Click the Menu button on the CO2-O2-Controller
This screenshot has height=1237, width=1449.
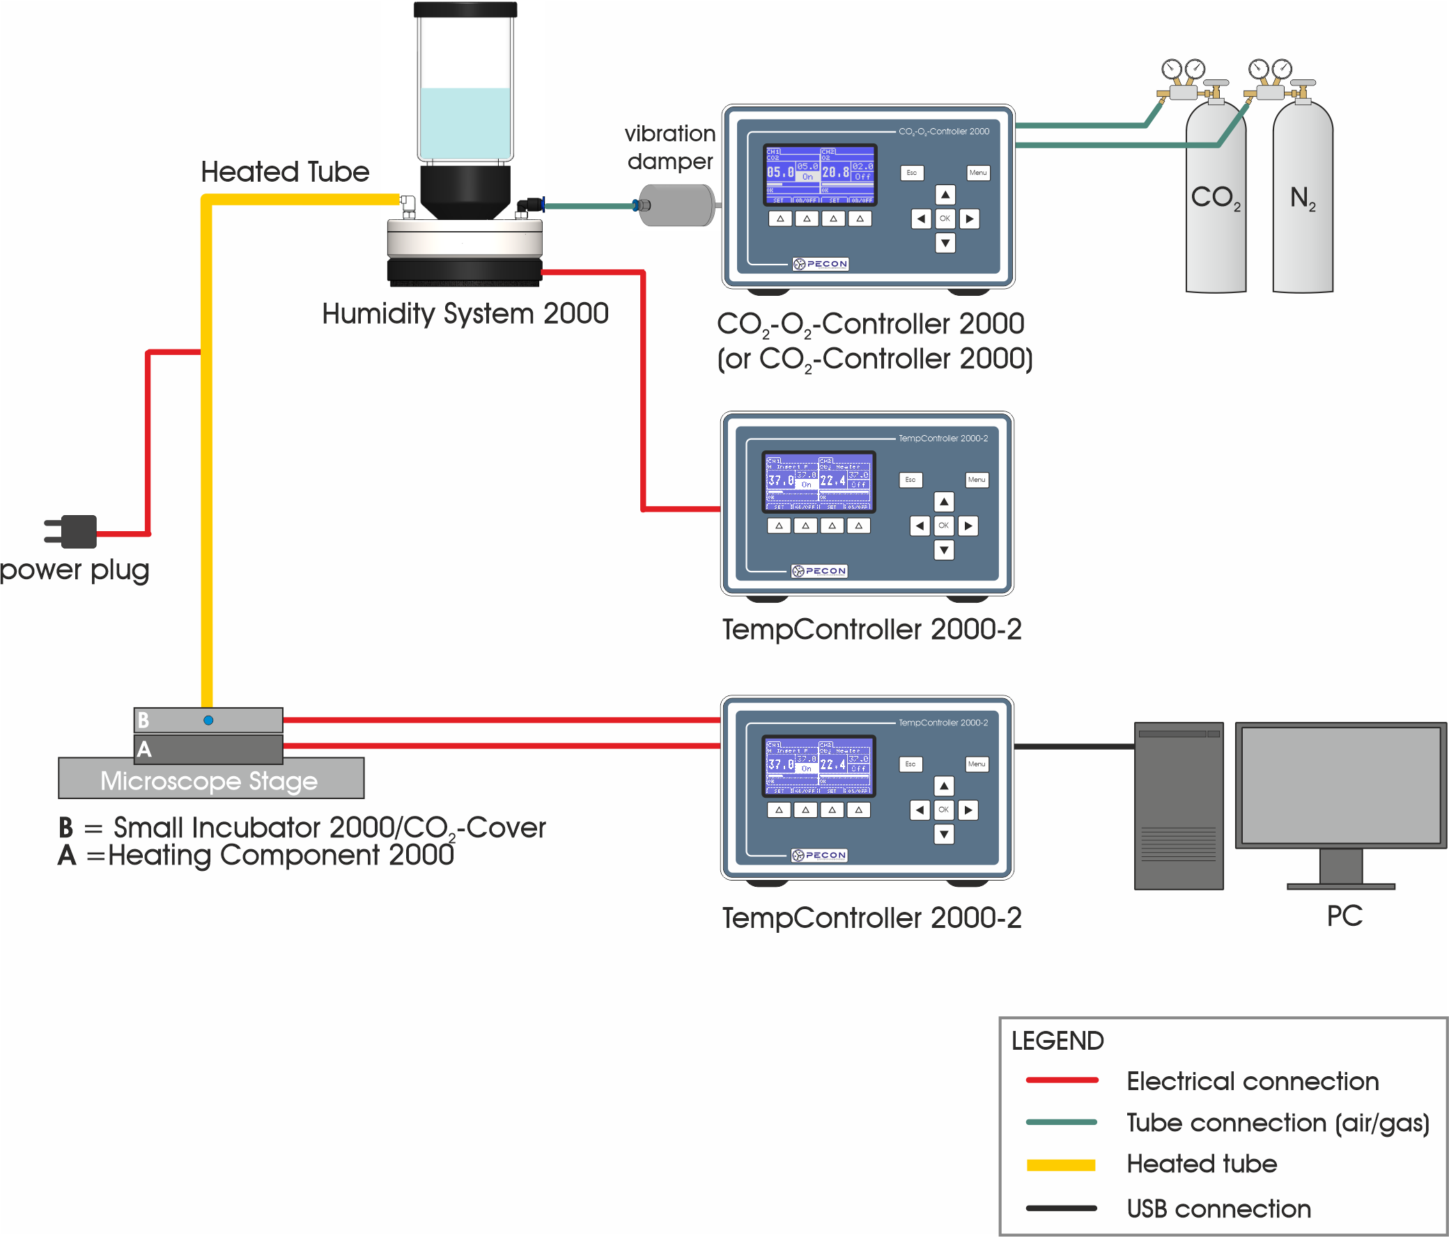pyautogui.click(x=977, y=173)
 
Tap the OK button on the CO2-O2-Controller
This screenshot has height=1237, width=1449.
pyautogui.click(x=945, y=219)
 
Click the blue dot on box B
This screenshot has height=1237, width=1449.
pyautogui.click(x=208, y=720)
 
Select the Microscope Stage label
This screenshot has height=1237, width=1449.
pyautogui.click(x=209, y=780)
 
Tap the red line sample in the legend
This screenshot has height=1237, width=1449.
pyautogui.click(x=1062, y=1080)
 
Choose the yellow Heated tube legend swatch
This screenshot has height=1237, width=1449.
pyautogui.click(x=1061, y=1165)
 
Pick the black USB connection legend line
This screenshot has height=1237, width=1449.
pyautogui.click(x=1061, y=1208)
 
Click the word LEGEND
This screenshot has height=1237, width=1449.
pyautogui.click(x=1057, y=1041)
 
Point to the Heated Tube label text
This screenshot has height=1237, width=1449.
pyautogui.click(x=285, y=172)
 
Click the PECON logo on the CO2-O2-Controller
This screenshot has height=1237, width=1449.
pyautogui.click(x=821, y=264)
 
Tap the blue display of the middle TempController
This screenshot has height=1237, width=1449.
pyautogui.click(x=819, y=482)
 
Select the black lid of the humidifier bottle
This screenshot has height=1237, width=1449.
pyautogui.click(x=465, y=10)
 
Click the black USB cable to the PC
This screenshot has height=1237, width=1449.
pyautogui.click(x=1074, y=746)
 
